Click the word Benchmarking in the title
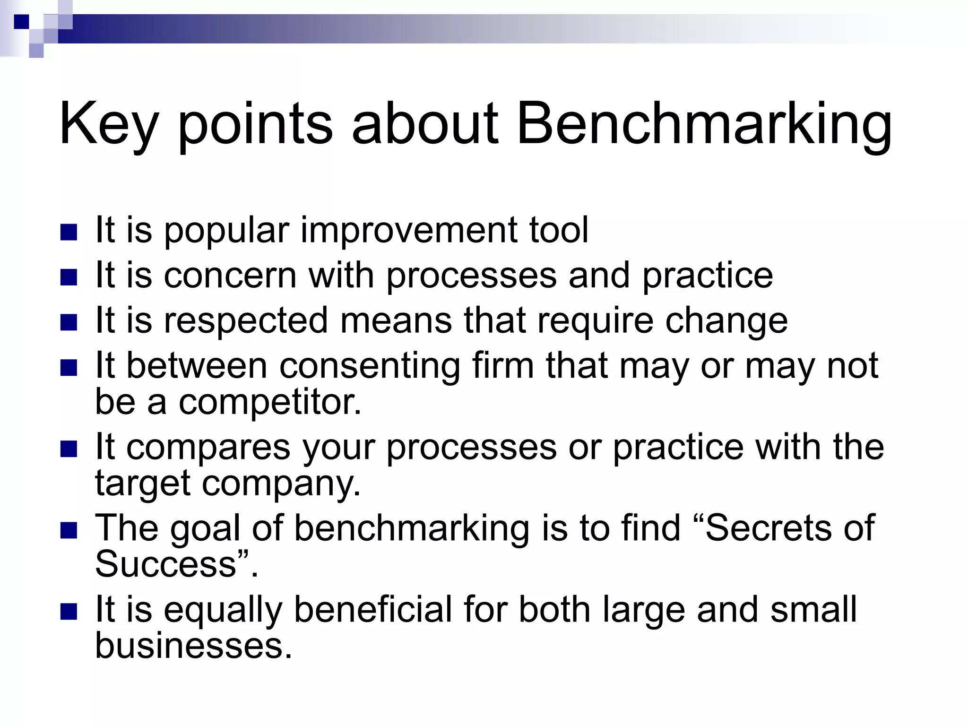pos(704,124)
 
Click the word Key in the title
pos(108,124)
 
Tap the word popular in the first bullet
pos(226,231)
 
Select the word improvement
pos(408,231)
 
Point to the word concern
pos(230,276)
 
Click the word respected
pos(246,320)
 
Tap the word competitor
pos(270,402)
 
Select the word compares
pos(208,447)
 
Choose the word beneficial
pos(373,609)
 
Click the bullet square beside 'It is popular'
pos(69,233)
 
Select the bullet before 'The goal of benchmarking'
pos(69,530)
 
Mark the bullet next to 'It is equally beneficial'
pos(69,612)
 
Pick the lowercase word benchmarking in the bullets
pos(412,528)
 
